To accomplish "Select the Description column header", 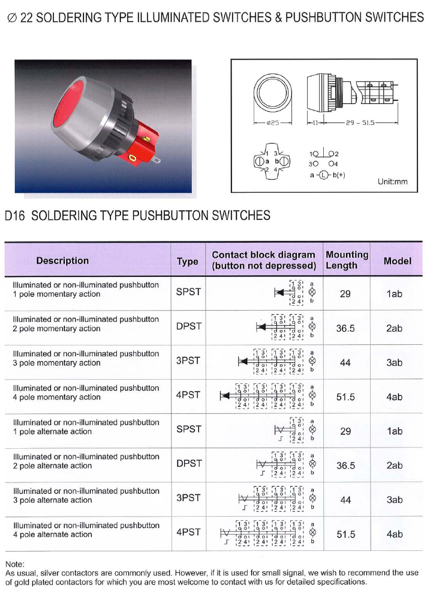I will click(x=62, y=261).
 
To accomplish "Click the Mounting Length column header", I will click(x=347, y=260).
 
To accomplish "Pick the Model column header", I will click(x=397, y=261).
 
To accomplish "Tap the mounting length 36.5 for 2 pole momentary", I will click(x=345, y=329).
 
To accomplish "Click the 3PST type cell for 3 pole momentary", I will click(x=188, y=361).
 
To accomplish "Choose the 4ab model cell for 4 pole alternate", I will click(x=395, y=534).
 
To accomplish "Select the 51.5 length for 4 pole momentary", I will click(x=345, y=397).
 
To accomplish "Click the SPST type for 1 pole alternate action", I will click(x=188, y=430).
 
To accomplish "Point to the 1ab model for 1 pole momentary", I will click(x=395, y=294).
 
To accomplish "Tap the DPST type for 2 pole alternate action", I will click(x=189, y=464).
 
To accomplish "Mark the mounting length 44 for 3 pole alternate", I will click(x=345, y=500).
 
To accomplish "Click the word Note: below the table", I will click(x=14, y=565).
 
